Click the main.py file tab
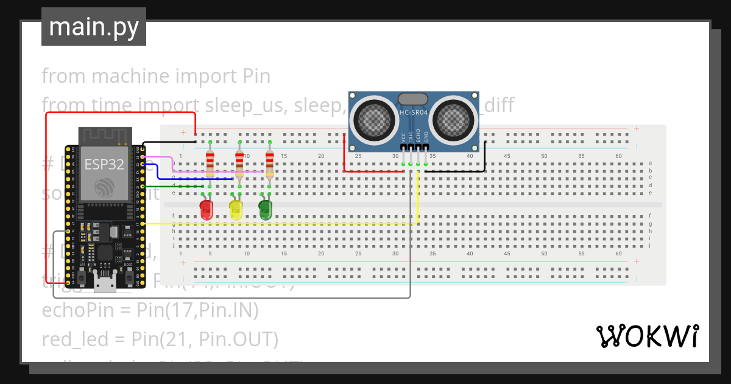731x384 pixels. [x=94, y=27]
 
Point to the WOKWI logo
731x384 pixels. [x=648, y=336]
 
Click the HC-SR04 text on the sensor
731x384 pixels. [x=414, y=112]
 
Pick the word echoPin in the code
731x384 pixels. [x=76, y=311]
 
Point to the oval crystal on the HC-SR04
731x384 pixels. [x=414, y=99]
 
